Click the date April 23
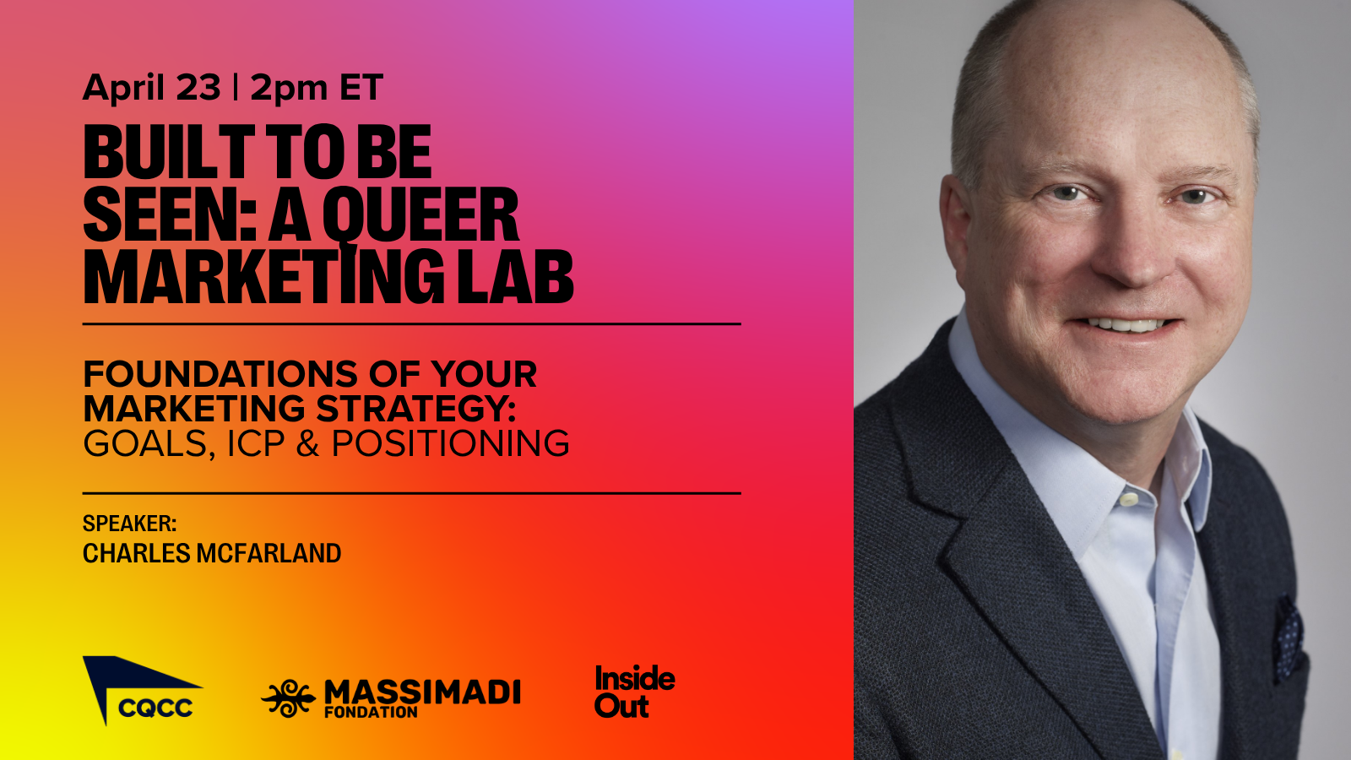click(152, 88)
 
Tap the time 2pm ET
click(317, 88)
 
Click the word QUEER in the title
click(420, 214)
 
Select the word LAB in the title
click(515, 276)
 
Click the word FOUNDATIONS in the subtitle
click(220, 374)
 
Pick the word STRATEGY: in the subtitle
click(416, 409)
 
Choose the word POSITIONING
click(450, 443)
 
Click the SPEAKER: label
click(130, 523)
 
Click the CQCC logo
click(143, 691)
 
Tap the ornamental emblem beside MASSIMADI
click(288, 698)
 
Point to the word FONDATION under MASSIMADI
click(371, 712)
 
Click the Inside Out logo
click(634, 692)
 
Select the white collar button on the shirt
click(1129, 499)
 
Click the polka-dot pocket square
click(1288, 639)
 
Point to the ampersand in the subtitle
click(308, 443)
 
